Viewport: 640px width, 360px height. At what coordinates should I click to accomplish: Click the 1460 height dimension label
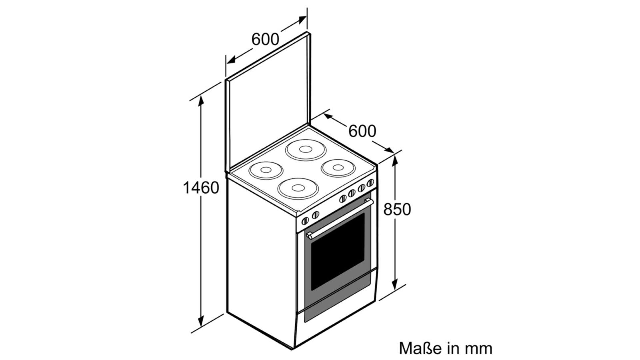click(x=201, y=188)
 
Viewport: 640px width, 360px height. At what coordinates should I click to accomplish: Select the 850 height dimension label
click(x=397, y=209)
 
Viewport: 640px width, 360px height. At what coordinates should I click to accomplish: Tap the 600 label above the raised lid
click(x=265, y=39)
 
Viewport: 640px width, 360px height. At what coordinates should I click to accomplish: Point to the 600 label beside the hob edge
click(x=362, y=131)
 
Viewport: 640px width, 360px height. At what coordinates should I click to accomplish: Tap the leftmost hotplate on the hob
click(x=266, y=170)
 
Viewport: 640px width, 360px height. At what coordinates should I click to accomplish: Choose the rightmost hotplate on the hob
click(x=337, y=168)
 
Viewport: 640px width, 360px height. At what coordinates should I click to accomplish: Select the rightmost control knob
click(x=370, y=183)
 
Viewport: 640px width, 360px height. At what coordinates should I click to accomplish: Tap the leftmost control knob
click(x=305, y=221)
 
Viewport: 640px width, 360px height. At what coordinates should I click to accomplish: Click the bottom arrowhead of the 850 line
click(x=395, y=284)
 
